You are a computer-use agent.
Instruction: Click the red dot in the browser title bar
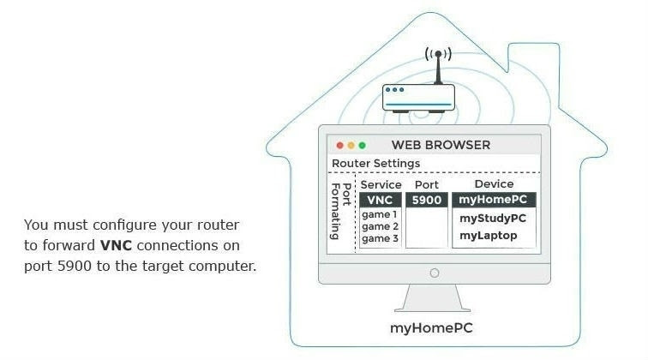point(340,145)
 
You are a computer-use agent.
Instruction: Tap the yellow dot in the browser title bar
point(351,145)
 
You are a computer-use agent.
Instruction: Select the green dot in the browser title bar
point(362,145)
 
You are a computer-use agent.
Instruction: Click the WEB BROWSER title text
point(441,145)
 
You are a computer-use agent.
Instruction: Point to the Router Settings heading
point(375,163)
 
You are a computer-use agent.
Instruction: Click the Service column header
point(381,184)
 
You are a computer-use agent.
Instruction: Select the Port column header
point(426,184)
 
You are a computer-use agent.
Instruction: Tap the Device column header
point(494,184)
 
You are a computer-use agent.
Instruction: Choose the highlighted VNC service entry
point(380,200)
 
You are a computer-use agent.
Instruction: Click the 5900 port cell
point(426,200)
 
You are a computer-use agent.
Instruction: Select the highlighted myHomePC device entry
point(495,200)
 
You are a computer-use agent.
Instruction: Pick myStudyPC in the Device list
point(493,218)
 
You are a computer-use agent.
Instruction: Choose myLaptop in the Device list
point(489,235)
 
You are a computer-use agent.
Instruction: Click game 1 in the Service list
point(379,214)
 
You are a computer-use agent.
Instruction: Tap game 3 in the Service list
point(379,238)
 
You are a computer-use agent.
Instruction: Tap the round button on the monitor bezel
point(434,273)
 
